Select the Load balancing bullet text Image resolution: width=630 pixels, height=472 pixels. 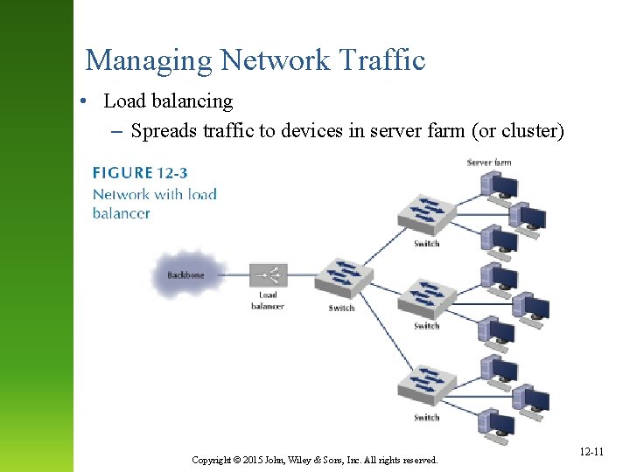click(168, 101)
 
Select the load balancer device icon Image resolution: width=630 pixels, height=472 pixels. click(268, 275)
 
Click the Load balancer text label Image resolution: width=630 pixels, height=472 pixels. click(268, 301)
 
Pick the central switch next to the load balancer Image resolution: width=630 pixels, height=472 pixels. click(342, 278)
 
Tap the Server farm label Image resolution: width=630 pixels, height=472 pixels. click(489, 163)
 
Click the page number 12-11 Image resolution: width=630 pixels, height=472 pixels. click(591, 452)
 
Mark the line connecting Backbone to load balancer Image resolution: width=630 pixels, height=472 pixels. click(233, 275)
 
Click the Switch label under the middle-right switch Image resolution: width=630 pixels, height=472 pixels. click(426, 326)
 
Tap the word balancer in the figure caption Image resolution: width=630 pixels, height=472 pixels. click(122, 213)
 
